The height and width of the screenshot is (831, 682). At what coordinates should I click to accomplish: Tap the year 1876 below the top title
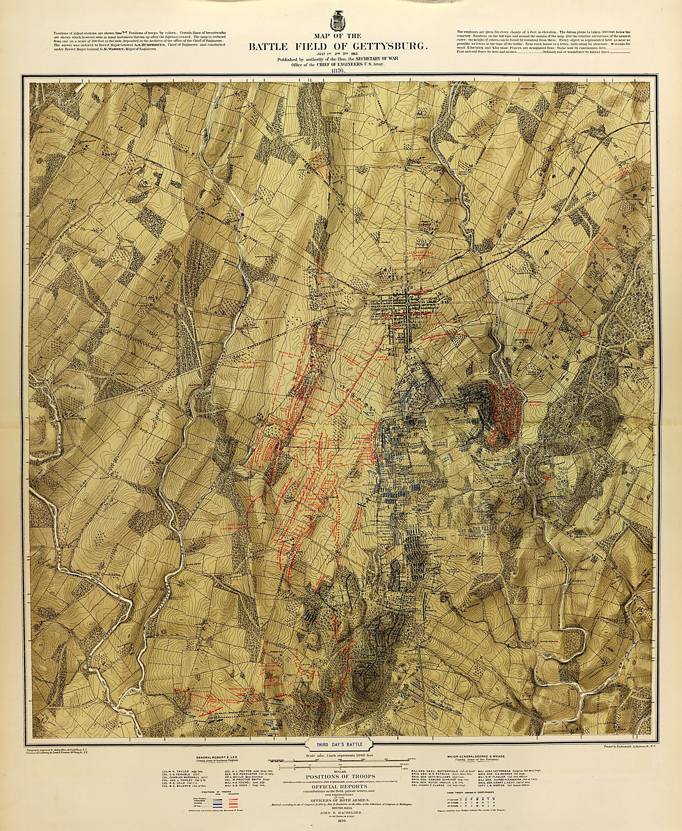337,71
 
